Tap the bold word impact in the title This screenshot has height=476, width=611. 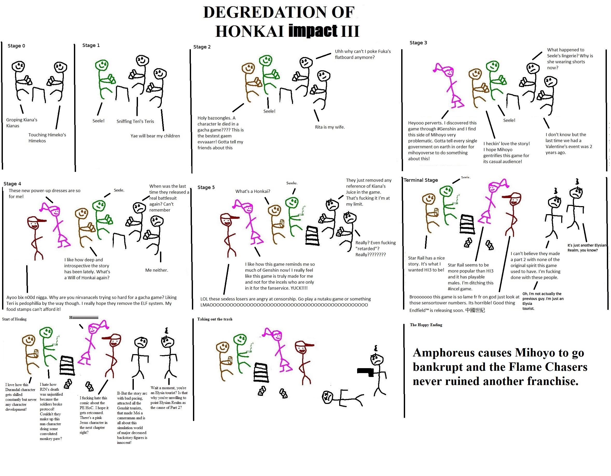click(x=313, y=31)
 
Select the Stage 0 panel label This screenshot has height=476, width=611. click(x=16, y=46)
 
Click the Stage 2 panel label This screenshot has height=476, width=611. click(x=202, y=47)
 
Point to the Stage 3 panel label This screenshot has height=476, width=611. click(x=418, y=43)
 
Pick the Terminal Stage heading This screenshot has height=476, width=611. click(x=421, y=180)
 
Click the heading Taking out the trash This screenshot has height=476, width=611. click(x=214, y=319)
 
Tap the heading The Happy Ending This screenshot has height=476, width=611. click(x=426, y=325)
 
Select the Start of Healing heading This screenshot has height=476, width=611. click(x=14, y=319)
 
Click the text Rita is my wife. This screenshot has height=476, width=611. click(x=330, y=127)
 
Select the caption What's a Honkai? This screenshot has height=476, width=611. click(x=253, y=191)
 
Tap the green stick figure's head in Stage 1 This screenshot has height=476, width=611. click(x=102, y=65)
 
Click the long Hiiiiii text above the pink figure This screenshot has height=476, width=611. click(x=84, y=317)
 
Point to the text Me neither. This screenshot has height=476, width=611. click(x=157, y=270)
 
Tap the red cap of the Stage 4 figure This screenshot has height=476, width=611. click(x=36, y=220)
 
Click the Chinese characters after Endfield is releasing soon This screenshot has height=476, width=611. click(x=475, y=310)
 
